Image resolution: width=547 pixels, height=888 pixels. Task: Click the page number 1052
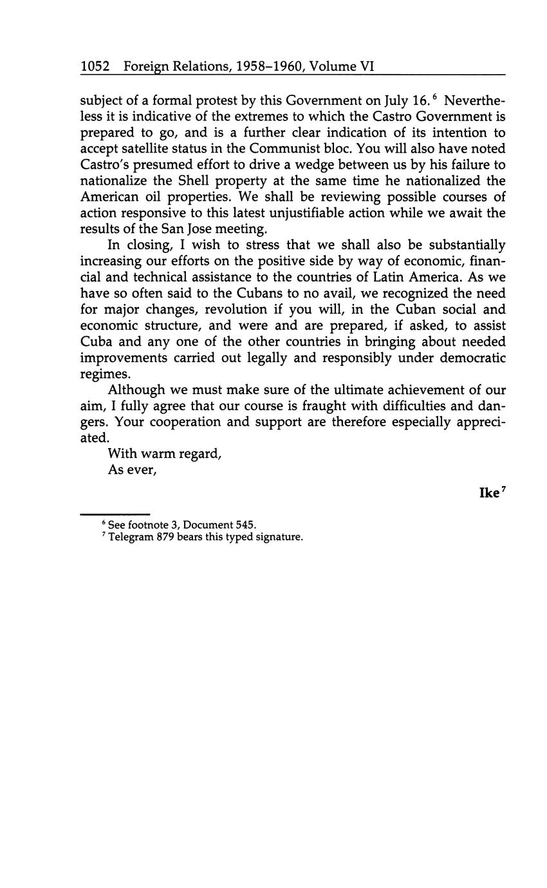(x=95, y=66)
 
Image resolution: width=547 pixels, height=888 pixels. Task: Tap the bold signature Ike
(x=489, y=493)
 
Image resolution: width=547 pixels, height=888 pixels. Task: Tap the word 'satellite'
(x=148, y=149)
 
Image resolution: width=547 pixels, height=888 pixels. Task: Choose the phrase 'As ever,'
(x=133, y=470)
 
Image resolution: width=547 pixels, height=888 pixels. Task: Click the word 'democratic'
(x=472, y=358)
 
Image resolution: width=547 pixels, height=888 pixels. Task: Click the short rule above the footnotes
(x=115, y=515)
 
